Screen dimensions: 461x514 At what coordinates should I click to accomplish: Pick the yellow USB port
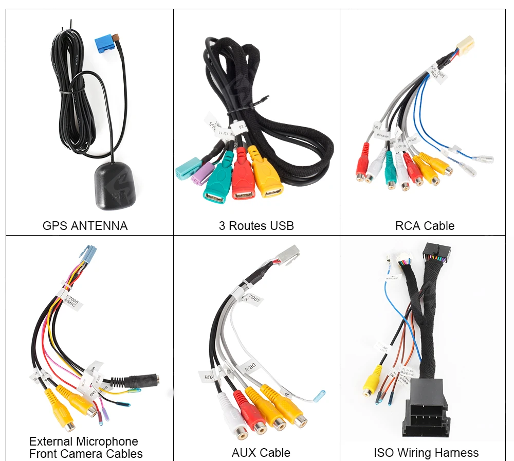[266, 178]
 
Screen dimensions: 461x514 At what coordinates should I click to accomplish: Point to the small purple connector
[201, 175]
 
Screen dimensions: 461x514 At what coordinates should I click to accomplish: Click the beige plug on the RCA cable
[466, 44]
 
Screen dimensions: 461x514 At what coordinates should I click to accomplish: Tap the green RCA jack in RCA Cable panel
[389, 170]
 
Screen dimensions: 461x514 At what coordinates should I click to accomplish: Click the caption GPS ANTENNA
[85, 226]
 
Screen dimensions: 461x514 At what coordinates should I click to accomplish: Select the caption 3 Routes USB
[256, 226]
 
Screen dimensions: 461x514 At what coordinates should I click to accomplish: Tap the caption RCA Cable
[425, 226]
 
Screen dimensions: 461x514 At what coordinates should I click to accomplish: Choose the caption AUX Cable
[261, 453]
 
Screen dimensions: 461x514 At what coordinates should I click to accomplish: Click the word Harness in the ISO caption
[455, 453]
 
